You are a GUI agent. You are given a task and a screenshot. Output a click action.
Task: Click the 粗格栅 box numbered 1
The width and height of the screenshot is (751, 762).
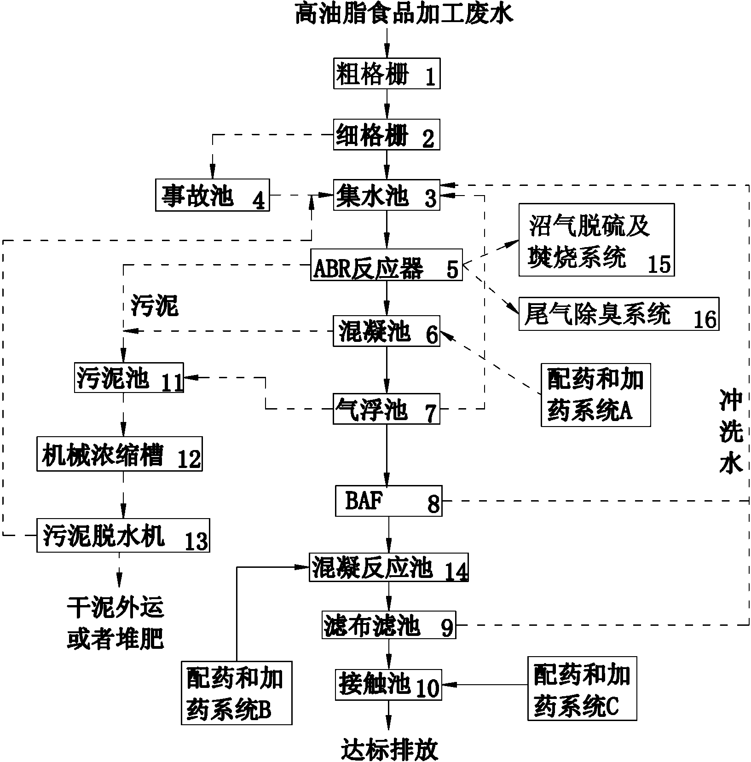pyautogui.click(x=387, y=73)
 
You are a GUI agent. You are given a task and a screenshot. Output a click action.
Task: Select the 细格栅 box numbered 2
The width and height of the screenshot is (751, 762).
pyautogui.click(x=387, y=135)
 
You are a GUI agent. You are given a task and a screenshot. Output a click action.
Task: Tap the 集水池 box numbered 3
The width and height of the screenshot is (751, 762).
pyautogui.click(x=387, y=195)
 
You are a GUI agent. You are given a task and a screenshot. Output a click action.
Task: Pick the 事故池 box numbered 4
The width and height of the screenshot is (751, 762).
pyautogui.click(x=213, y=195)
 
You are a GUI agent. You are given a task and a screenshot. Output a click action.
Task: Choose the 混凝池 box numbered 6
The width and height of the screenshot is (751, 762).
pyautogui.click(x=387, y=331)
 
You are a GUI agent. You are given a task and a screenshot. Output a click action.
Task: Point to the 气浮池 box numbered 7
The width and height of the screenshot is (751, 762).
pyautogui.click(x=387, y=409)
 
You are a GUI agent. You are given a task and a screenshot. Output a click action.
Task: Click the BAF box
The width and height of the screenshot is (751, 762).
pyautogui.click(x=388, y=501)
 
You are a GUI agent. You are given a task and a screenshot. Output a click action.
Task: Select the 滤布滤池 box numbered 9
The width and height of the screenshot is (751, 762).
pyautogui.click(x=388, y=624)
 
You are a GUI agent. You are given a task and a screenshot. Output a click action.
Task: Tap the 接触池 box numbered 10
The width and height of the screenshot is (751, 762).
pyautogui.click(x=388, y=685)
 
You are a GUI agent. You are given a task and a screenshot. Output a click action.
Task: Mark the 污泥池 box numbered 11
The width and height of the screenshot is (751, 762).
pyautogui.click(x=129, y=378)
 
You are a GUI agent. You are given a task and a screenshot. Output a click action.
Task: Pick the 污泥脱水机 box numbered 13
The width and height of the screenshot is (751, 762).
pyautogui.click(x=123, y=535)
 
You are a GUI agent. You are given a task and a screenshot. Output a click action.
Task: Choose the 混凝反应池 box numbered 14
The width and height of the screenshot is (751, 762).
pyautogui.click(x=388, y=567)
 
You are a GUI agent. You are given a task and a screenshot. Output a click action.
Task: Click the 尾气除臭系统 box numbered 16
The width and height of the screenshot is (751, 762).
pyautogui.click(x=619, y=314)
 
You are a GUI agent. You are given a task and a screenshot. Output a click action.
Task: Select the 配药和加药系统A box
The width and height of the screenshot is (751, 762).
pyautogui.click(x=595, y=395)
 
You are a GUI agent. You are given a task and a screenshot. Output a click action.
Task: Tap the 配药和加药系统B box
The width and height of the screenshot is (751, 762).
pyautogui.click(x=237, y=693)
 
